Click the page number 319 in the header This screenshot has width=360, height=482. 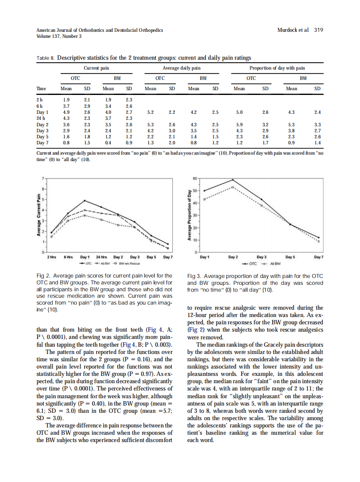[x=318, y=30]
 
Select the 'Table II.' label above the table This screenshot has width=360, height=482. [x=45, y=58]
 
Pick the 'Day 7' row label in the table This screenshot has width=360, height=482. [x=43, y=142]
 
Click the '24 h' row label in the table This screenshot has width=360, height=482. [x=41, y=118]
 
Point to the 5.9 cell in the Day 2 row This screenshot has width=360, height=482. [x=239, y=124]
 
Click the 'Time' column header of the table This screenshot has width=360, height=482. [x=41, y=89]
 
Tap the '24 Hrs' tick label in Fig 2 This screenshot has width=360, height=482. [x=101, y=257]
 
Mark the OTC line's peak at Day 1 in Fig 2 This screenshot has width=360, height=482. [x=85, y=201]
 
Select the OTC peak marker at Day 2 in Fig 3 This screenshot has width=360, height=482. [x=233, y=180]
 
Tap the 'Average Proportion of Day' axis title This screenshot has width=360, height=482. [x=189, y=214]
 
